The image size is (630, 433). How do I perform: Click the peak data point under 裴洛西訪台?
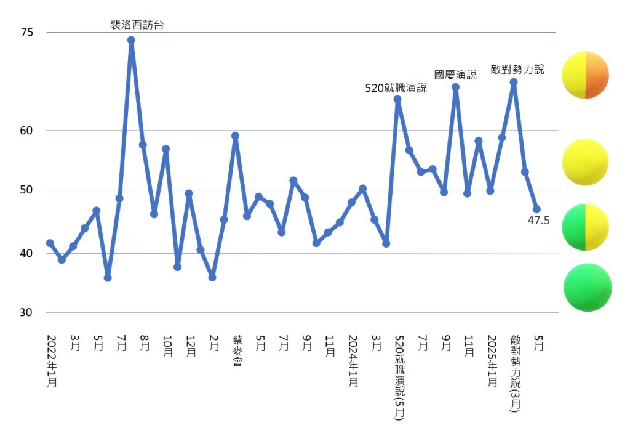(131, 40)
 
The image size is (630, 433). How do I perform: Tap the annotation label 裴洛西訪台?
(137, 25)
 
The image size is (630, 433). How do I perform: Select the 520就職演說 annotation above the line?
(396, 88)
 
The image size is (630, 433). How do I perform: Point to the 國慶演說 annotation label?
(455, 75)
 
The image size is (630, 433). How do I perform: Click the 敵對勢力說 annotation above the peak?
(517, 70)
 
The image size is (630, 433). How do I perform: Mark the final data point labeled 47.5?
(536, 209)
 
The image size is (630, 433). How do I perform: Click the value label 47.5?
(539, 220)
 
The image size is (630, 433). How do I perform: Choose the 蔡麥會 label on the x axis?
(237, 351)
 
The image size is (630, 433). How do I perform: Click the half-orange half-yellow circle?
(586, 75)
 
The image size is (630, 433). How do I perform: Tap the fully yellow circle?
(586, 162)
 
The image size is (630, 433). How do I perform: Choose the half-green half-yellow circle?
(586, 227)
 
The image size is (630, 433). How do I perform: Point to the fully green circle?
(588, 287)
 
